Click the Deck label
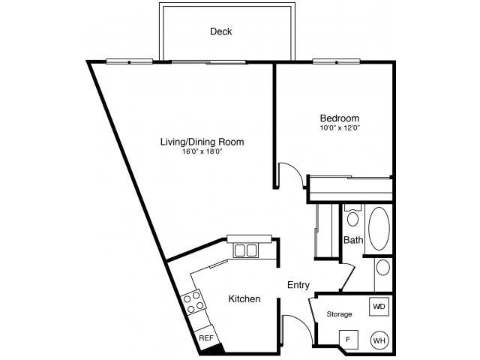(x=220, y=31)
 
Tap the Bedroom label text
(x=339, y=118)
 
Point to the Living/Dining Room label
(x=202, y=141)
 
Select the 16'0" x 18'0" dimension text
(x=202, y=151)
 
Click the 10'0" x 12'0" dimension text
(x=340, y=128)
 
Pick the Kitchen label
(x=244, y=299)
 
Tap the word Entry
(x=298, y=285)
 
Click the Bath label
(x=353, y=240)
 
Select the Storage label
(x=338, y=314)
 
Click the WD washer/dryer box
(x=379, y=307)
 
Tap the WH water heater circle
(x=379, y=340)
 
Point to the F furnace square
(x=347, y=339)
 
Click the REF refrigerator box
(x=205, y=338)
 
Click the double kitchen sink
(x=245, y=250)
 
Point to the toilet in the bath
(x=353, y=217)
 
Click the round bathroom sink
(x=382, y=267)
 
